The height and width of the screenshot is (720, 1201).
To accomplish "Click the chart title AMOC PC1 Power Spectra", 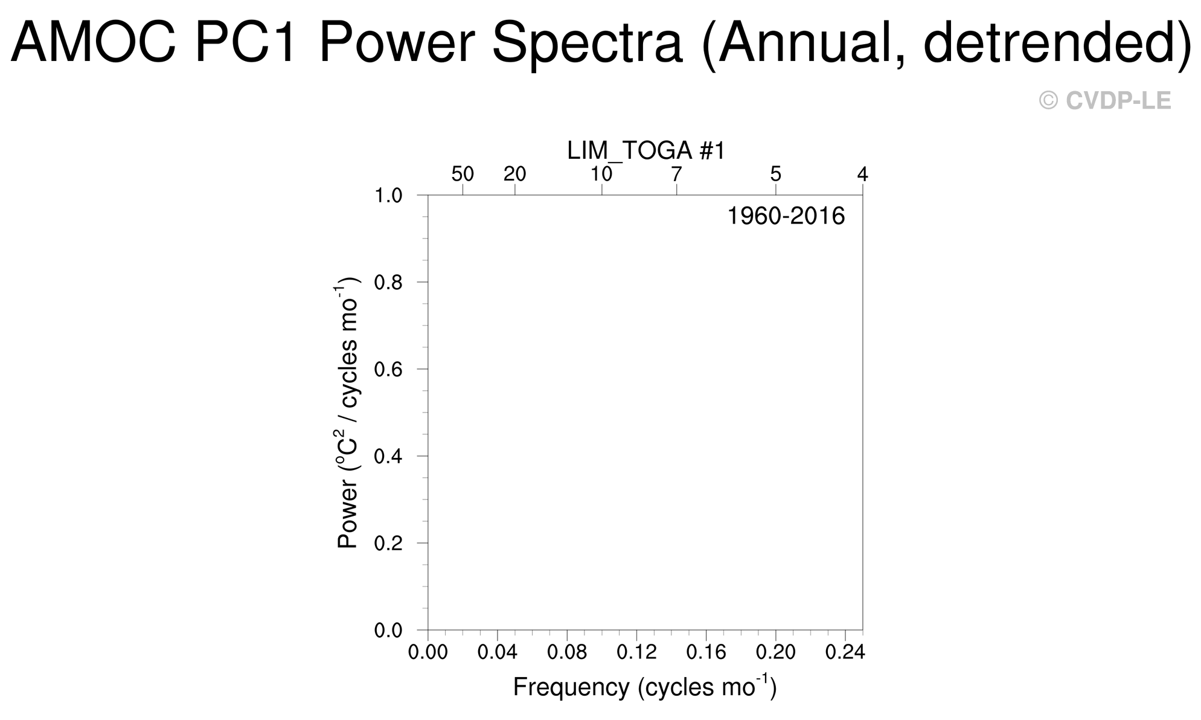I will [x=600, y=42].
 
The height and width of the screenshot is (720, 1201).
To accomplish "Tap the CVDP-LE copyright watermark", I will [x=1104, y=101].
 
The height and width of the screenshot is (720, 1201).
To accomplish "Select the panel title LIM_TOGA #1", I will [x=645, y=150].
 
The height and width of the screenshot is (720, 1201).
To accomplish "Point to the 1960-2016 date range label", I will [x=786, y=216].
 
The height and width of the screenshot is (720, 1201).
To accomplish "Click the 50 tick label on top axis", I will [x=463, y=174].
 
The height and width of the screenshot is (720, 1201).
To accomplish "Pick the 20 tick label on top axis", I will [x=514, y=174].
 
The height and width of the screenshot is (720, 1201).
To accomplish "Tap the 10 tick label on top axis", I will [x=601, y=174].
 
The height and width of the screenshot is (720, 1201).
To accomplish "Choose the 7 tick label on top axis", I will [x=676, y=174].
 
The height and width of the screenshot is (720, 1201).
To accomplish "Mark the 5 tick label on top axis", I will [x=775, y=174].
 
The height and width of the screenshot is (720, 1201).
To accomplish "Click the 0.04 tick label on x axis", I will [x=497, y=652].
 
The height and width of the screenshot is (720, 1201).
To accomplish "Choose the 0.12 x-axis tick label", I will [x=636, y=652].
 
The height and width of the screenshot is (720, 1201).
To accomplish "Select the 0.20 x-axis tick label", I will [x=775, y=652].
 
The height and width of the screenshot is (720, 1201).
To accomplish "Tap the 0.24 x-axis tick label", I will [x=844, y=652].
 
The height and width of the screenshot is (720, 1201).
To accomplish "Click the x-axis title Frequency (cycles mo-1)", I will [x=644, y=687].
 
